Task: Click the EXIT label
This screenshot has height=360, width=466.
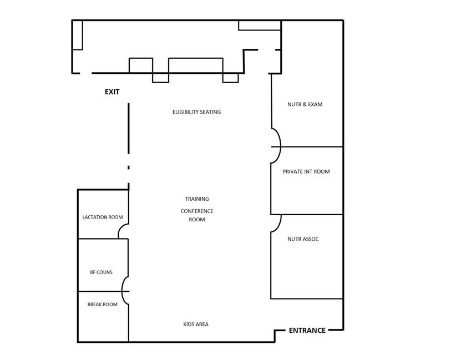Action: click(x=112, y=92)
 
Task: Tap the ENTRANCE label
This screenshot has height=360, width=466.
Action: click(x=307, y=331)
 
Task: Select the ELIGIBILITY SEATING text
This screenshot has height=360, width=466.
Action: click(x=196, y=112)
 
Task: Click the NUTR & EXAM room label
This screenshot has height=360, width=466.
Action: click(x=305, y=104)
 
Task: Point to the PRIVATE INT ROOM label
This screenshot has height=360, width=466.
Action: click(x=306, y=171)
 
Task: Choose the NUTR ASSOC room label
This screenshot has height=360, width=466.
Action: click(x=303, y=240)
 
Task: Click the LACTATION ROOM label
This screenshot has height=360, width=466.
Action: click(x=103, y=217)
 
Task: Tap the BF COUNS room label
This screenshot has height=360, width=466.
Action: click(x=101, y=272)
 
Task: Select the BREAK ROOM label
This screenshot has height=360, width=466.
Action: click(x=102, y=305)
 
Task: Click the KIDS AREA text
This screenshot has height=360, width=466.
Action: click(x=196, y=324)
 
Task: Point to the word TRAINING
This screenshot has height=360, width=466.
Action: click(x=197, y=199)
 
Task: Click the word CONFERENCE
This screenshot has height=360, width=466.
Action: click(x=197, y=211)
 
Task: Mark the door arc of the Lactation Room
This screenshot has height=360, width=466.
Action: click(x=123, y=231)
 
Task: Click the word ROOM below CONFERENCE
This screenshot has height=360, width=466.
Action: click(x=197, y=220)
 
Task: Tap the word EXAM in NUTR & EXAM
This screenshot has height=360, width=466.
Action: click(x=315, y=104)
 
